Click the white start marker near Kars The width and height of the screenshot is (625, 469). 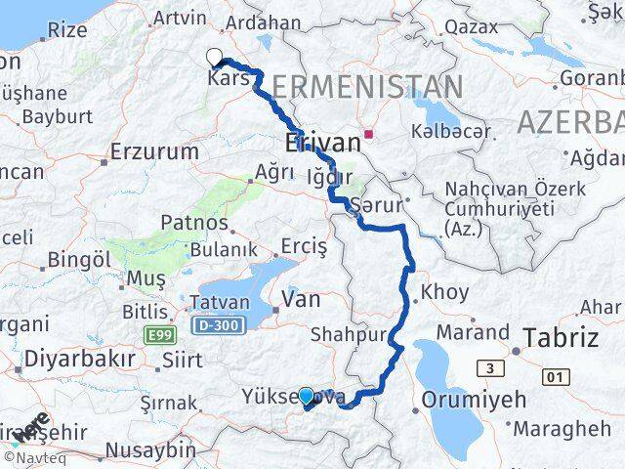click(x=215, y=57)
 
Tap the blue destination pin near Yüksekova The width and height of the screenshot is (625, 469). click(x=306, y=397)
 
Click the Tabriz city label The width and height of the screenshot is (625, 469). click(x=561, y=338)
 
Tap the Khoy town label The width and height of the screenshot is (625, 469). click(x=444, y=292)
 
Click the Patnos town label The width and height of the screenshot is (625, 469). click(x=198, y=223)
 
